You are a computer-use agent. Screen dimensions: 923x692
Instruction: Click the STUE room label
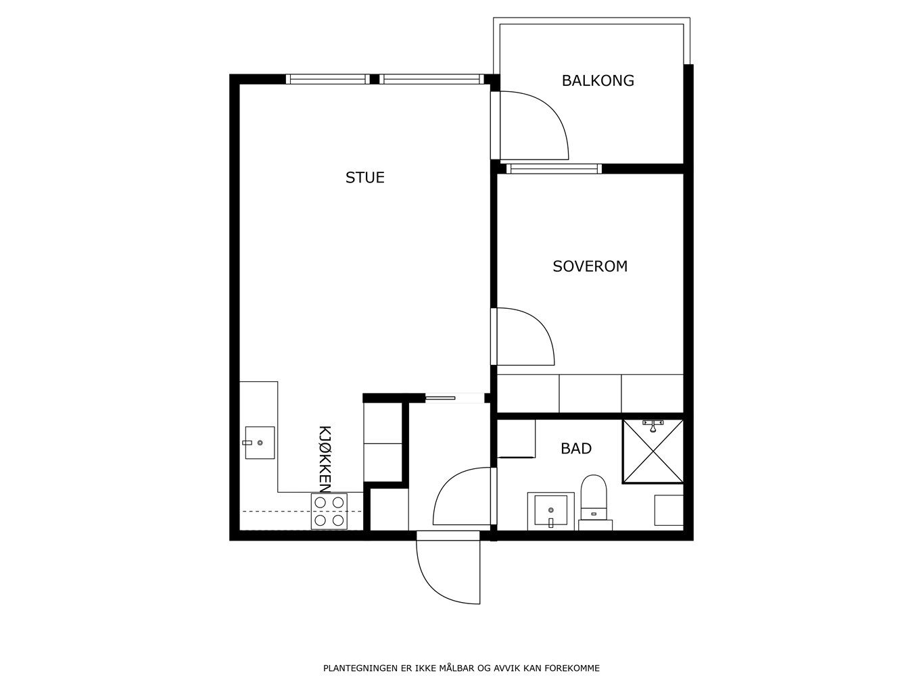pyautogui.click(x=364, y=178)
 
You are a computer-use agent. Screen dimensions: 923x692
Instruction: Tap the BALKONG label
pyautogui.click(x=598, y=80)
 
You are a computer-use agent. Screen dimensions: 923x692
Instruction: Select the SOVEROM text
pyautogui.click(x=590, y=266)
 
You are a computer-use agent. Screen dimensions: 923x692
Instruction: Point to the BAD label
pyautogui.click(x=575, y=449)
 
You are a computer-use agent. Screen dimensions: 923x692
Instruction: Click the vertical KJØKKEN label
pyautogui.click(x=325, y=459)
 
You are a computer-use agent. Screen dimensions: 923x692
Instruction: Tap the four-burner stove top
pyautogui.click(x=329, y=512)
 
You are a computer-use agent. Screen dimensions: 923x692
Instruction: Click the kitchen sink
pyautogui.click(x=260, y=443)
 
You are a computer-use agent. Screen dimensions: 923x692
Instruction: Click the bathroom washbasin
pyautogui.click(x=551, y=510)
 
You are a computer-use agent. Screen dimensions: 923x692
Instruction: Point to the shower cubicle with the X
pyautogui.click(x=653, y=451)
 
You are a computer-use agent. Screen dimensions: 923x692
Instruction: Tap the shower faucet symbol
pyautogui.click(x=653, y=425)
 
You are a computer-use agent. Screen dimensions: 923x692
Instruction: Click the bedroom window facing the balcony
pyautogui.click(x=554, y=169)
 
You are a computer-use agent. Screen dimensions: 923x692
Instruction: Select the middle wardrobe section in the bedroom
pyautogui.click(x=590, y=394)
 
